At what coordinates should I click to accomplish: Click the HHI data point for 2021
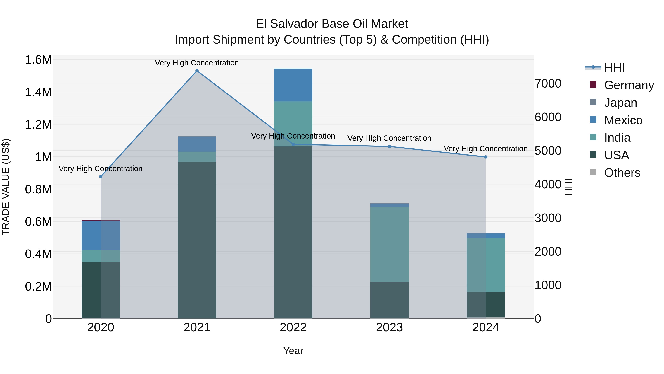(x=197, y=71)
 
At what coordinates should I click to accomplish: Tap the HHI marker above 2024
(x=486, y=157)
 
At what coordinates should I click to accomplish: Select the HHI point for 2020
(x=101, y=177)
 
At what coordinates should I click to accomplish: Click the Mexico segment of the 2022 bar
(x=293, y=85)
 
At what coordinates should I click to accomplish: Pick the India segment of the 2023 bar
(x=390, y=244)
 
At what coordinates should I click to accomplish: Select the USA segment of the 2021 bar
(x=197, y=240)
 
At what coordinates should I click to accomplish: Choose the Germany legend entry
(x=629, y=85)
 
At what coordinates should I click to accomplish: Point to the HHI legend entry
(x=614, y=68)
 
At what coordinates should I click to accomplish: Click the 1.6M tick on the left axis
(x=38, y=60)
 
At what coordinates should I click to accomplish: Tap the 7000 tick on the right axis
(x=548, y=84)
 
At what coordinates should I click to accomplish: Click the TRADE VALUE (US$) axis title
(x=6, y=187)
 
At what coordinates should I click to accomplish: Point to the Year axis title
(x=293, y=351)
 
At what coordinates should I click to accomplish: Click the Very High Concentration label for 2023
(x=389, y=138)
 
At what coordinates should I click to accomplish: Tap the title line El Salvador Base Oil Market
(x=332, y=24)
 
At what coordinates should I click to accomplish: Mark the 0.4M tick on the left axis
(x=38, y=254)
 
